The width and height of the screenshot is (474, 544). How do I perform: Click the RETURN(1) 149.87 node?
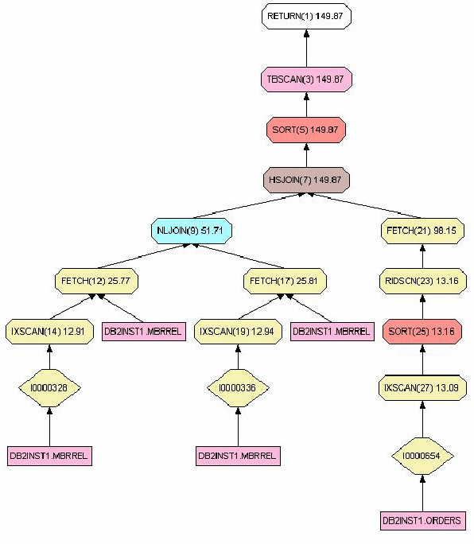click(x=306, y=16)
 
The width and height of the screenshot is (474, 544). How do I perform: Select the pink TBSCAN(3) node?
click(x=306, y=80)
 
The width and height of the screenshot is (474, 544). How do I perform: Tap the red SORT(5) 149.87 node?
click(x=306, y=130)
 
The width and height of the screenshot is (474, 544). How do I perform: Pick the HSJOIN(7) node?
click(x=306, y=180)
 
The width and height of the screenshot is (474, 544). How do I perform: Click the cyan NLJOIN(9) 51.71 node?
click(x=192, y=231)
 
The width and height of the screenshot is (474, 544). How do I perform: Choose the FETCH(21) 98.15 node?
click(x=422, y=231)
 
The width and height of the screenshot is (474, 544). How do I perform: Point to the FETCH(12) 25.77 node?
click(x=96, y=281)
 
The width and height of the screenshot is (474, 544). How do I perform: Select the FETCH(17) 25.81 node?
click(x=285, y=281)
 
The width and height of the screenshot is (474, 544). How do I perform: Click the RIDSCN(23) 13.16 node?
click(x=422, y=281)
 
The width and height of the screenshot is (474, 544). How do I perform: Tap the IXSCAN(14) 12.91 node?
click(x=49, y=332)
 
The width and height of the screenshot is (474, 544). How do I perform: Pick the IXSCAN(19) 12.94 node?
click(x=238, y=332)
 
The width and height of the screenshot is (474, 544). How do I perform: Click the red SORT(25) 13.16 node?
click(x=422, y=332)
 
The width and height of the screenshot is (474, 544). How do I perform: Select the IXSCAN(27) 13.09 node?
click(x=422, y=387)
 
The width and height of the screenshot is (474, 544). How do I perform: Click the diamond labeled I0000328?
click(x=49, y=388)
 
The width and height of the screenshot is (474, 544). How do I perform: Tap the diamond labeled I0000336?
click(x=238, y=388)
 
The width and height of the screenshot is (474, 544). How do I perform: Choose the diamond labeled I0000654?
click(x=422, y=456)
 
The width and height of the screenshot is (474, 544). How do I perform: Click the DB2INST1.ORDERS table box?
click(x=422, y=521)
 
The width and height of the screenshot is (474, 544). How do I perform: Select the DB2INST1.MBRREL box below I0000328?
click(x=49, y=456)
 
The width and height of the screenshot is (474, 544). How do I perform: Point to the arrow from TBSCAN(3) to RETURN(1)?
click(x=306, y=49)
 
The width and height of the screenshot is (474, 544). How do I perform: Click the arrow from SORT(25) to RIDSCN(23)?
click(x=422, y=307)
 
